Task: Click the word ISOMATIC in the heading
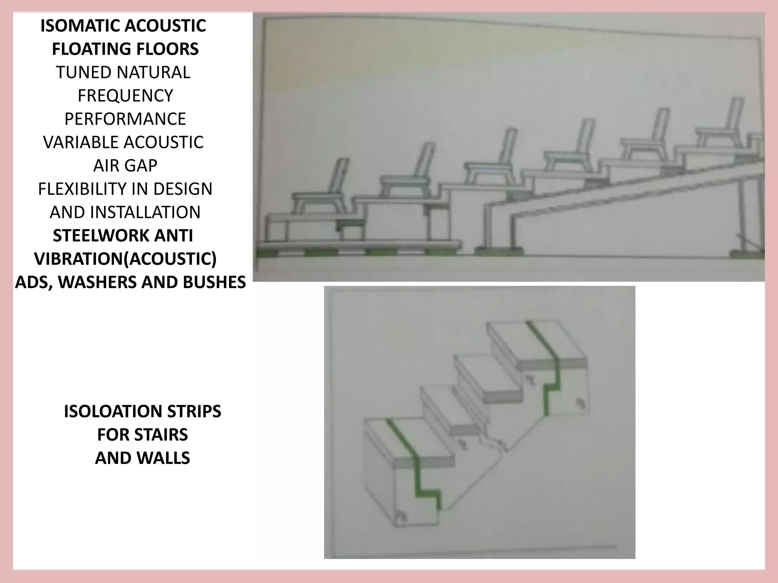(80, 26)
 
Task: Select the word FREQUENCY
(125, 96)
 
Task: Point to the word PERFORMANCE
(125, 119)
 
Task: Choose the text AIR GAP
(125, 165)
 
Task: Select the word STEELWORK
(95, 236)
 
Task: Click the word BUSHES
(214, 282)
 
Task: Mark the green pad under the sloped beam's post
(499, 251)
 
